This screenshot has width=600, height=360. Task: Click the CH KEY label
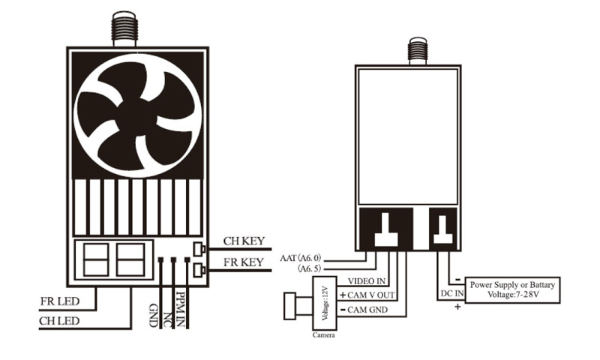point(244,241)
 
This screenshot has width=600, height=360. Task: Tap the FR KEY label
point(244,262)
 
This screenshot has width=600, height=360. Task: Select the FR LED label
point(60,301)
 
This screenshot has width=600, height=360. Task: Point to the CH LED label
point(59,321)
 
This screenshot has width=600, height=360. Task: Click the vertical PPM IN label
point(180,310)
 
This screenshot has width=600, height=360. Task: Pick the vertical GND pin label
point(153,316)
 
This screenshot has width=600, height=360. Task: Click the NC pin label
point(167,320)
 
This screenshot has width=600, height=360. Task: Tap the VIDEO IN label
point(367,281)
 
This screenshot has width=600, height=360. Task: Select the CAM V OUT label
point(367,295)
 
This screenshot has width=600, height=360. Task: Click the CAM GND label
point(364,310)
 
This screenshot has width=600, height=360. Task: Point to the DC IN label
point(452,293)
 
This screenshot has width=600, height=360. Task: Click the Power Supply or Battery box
point(512,290)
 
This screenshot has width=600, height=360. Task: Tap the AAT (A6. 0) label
point(301,258)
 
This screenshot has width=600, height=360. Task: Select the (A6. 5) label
point(310,268)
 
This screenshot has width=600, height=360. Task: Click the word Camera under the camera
point(324,335)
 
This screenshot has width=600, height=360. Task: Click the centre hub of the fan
point(136,115)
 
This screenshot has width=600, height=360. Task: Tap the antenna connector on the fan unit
point(124,29)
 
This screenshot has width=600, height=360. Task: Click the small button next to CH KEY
point(199,250)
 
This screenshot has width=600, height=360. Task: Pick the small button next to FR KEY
point(199,270)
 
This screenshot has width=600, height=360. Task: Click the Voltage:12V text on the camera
point(325,303)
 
